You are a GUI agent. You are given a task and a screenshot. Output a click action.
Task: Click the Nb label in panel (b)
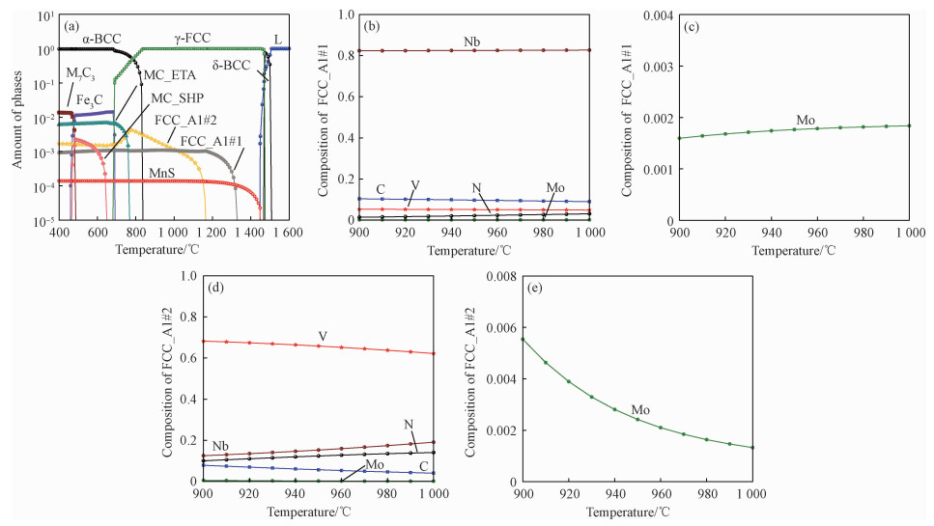[x=472, y=42]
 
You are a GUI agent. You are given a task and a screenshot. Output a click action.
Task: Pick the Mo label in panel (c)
[x=806, y=121]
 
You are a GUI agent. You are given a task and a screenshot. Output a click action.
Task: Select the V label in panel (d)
[x=323, y=336]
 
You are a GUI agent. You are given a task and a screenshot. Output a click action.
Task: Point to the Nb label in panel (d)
[x=221, y=446]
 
